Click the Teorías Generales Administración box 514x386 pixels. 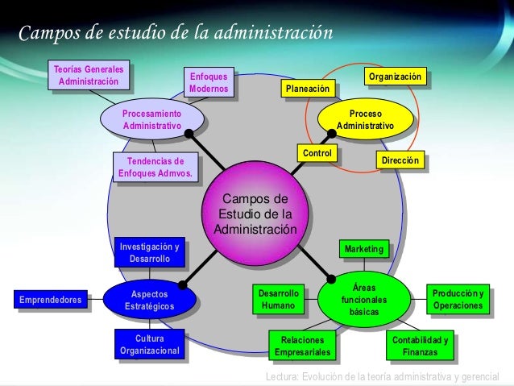pos(89,75)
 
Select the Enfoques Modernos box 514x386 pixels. pos(209,81)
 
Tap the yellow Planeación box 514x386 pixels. pos(306,89)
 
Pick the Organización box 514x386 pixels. pos(394,77)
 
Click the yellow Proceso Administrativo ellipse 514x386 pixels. pos(365,120)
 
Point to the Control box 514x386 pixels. pos(316,152)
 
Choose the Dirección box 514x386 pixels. pos(400,161)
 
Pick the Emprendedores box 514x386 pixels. pos(50,301)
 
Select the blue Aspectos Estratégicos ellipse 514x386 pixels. pos(149,301)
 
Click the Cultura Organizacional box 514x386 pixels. pos(149,345)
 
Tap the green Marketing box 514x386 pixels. pos(363,250)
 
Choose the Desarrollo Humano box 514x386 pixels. pos(278,300)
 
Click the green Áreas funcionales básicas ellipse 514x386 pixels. pos(364,299)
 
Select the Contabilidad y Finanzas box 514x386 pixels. pos(421,346)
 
